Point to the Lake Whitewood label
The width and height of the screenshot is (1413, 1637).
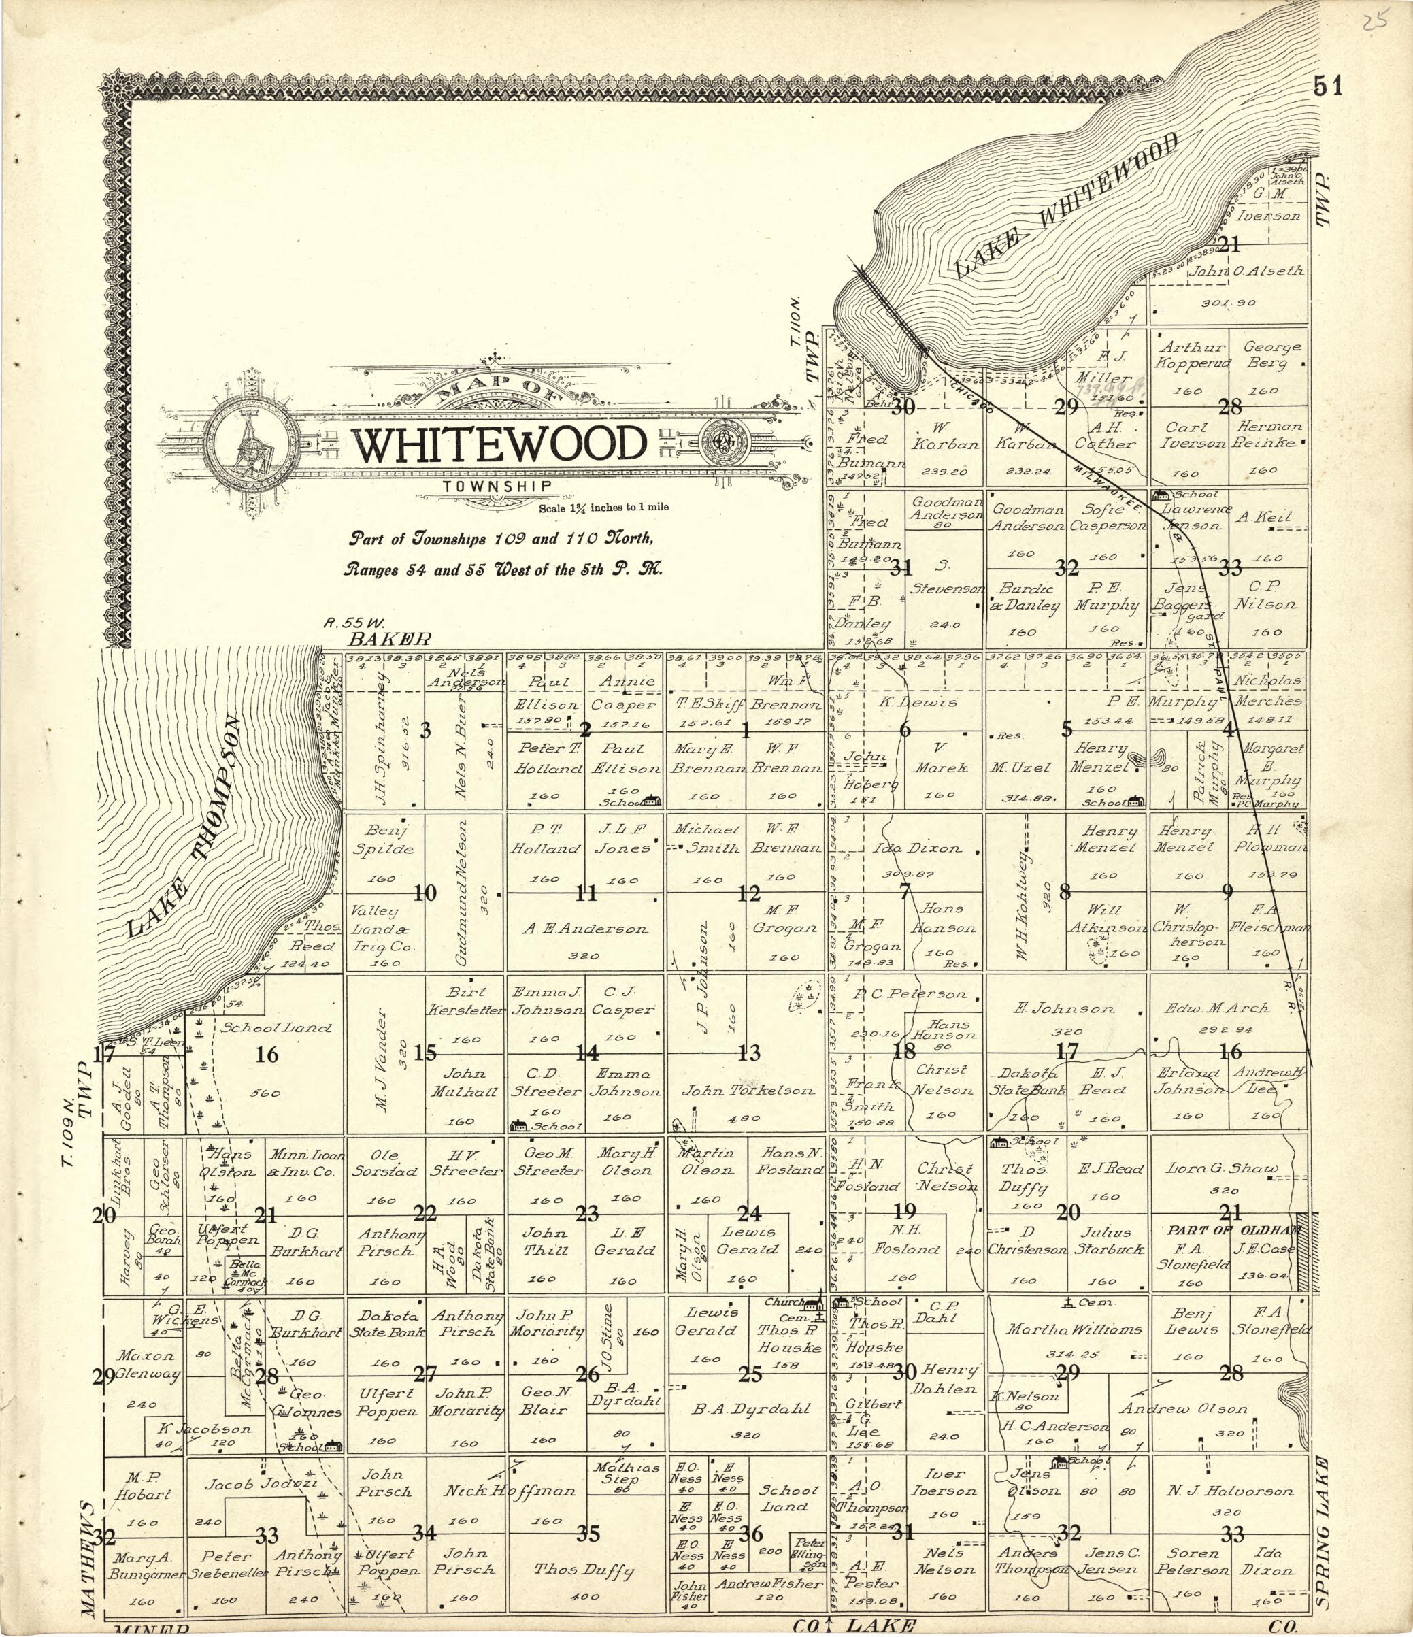click(x=1068, y=206)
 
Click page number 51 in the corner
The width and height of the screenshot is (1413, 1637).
click(x=1328, y=85)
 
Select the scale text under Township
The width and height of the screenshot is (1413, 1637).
click(x=603, y=507)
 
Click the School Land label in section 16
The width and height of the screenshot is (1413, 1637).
click(x=276, y=1028)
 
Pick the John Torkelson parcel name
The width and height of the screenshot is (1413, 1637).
click(x=747, y=1090)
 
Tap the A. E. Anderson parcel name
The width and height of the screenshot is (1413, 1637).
click(x=584, y=929)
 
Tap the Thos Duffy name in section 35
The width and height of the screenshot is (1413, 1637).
click(x=584, y=1569)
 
